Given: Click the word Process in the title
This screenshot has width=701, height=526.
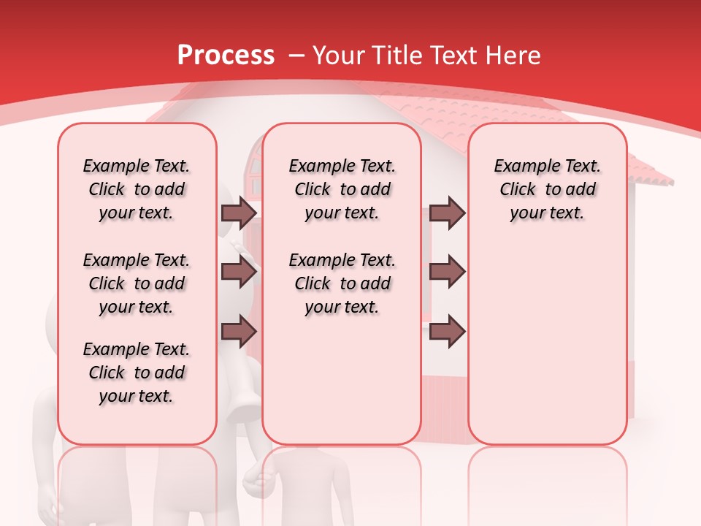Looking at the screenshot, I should pos(226,55).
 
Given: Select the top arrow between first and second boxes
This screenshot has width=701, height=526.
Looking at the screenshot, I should pos(239,213).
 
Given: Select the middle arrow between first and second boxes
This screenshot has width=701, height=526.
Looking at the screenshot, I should pos(239,272).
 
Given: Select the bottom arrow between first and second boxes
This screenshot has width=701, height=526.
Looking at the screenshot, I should pos(239,332).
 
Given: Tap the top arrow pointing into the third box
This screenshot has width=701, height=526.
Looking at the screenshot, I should pos(447,213).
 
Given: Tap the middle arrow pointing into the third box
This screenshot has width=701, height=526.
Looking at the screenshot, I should pos(447,272).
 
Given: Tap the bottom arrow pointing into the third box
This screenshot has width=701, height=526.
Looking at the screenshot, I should pos(447,332).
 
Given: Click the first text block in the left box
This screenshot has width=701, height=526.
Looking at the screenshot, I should pos(137,189).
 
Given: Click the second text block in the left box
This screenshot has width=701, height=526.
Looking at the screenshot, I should pos(137,283).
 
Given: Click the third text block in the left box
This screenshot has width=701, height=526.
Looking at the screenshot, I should pos(137,373).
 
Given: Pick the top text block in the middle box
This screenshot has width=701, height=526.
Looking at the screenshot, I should pos(342,189).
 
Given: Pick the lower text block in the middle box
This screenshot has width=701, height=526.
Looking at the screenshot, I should pos(342,283).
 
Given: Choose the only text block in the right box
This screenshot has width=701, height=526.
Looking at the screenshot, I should pos(547,189).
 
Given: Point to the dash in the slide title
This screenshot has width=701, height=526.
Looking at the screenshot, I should pos(296,56).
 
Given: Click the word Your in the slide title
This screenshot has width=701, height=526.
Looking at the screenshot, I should pos(338,55).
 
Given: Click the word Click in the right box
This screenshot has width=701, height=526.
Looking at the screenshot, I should pos(518,190).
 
